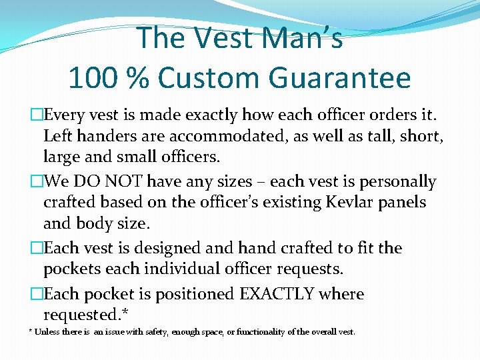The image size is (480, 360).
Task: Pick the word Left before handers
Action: [57, 137]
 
